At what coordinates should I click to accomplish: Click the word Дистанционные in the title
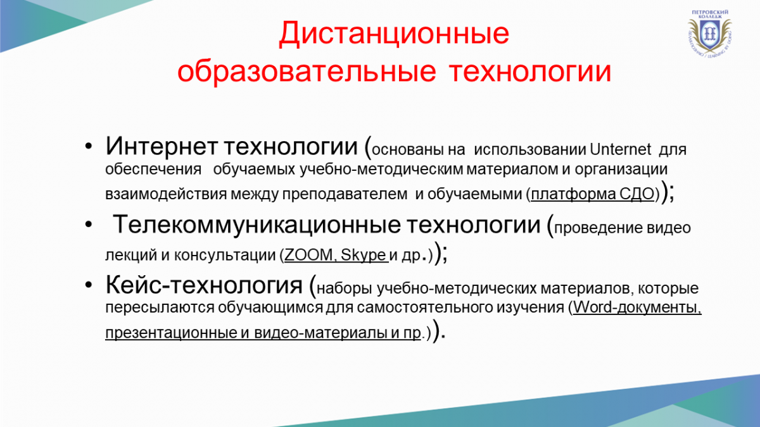[x=394, y=34]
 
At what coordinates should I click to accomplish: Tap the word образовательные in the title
[x=307, y=72]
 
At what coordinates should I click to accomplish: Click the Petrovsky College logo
[x=710, y=33]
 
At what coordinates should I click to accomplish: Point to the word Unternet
[x=621, y=149]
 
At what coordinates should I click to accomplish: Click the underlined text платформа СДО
[x=592, y=194]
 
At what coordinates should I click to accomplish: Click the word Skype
[x=364, y=255]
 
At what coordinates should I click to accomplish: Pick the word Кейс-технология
[x=204, y=285]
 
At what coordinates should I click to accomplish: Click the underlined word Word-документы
[x=637, y=307]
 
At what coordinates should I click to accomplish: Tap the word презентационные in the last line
[x=172, y=333]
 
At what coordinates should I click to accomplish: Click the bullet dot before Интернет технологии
[x=89, y=146]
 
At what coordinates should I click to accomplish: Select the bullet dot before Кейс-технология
[x=89, y=285]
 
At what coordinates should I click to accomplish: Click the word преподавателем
[x=345, y=194]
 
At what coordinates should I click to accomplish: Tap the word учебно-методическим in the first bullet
[x=381, y=170]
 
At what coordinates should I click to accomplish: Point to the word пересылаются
[x=160, y=307]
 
